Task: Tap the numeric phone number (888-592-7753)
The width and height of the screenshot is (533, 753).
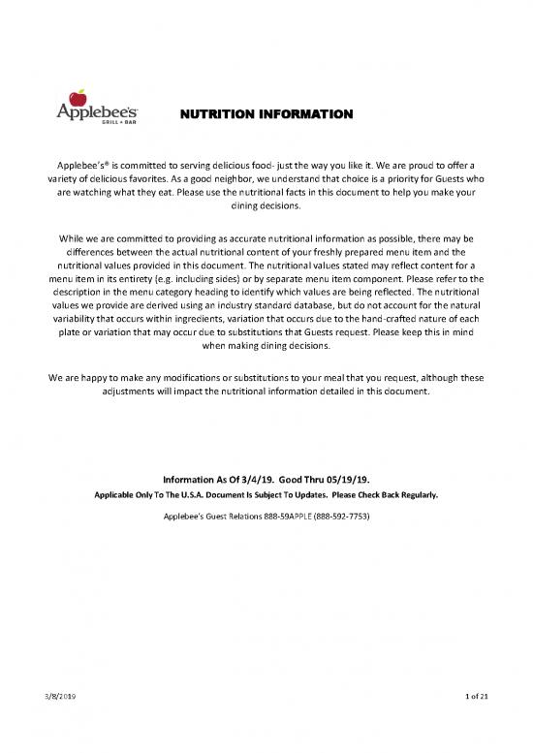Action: (x=334, y=516)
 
